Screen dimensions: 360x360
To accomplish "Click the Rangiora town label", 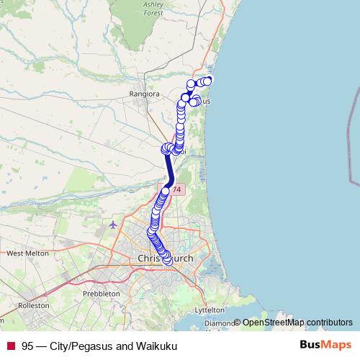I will click(x=143, y=94).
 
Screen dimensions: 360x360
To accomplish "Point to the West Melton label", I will click(x=27, y=253).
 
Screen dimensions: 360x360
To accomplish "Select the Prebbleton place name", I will click(x=102, y=294).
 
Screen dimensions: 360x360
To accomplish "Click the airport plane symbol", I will click(x=113, y=225).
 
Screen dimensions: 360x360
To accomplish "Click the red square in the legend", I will click(x=10, y=346).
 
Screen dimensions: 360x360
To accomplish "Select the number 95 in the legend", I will click(x=27, y=346).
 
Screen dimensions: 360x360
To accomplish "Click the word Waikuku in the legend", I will click(x=158, y=346).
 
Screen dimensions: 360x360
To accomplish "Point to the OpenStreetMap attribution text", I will click(x=274, y=323).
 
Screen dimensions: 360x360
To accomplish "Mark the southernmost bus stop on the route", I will click(x=168, y=260).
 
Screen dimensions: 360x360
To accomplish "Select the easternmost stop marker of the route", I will click(x=208, y=81).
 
